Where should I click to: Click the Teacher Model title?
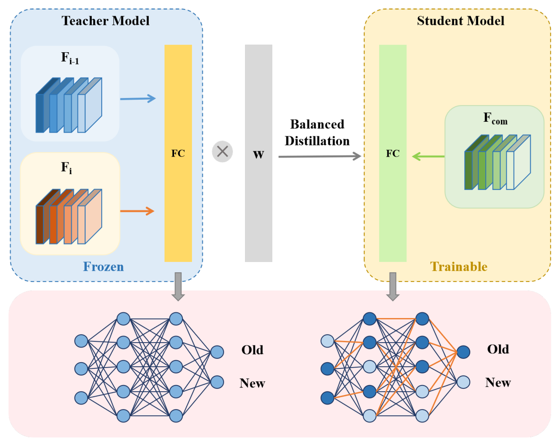click(105, 21)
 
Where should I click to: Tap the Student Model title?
click(461, 21)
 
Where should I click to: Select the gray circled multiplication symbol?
click(222, 152)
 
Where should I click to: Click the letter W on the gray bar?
click(259, 155)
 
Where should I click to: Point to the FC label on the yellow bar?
click(178, 153)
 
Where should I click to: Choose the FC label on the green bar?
click(393, 153)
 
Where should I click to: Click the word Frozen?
click(103, 267)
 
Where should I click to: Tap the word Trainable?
click(459, 267)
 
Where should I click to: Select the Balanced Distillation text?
click(317, 133)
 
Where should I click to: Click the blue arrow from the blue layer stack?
click(138, 98)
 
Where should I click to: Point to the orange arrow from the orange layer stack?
click(137, 211)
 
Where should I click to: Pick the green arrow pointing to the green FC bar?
click(428, 156)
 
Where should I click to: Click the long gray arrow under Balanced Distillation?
click(320, 156)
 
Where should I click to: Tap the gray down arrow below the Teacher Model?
click(178, 287)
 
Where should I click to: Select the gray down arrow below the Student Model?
click(393, 287)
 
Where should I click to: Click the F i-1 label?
click(70, 58)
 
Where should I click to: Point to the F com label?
click(495, 118)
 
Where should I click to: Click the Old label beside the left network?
click(252, 350)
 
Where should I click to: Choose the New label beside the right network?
click(498, 382)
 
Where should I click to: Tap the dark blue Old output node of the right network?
click(463, 352)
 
